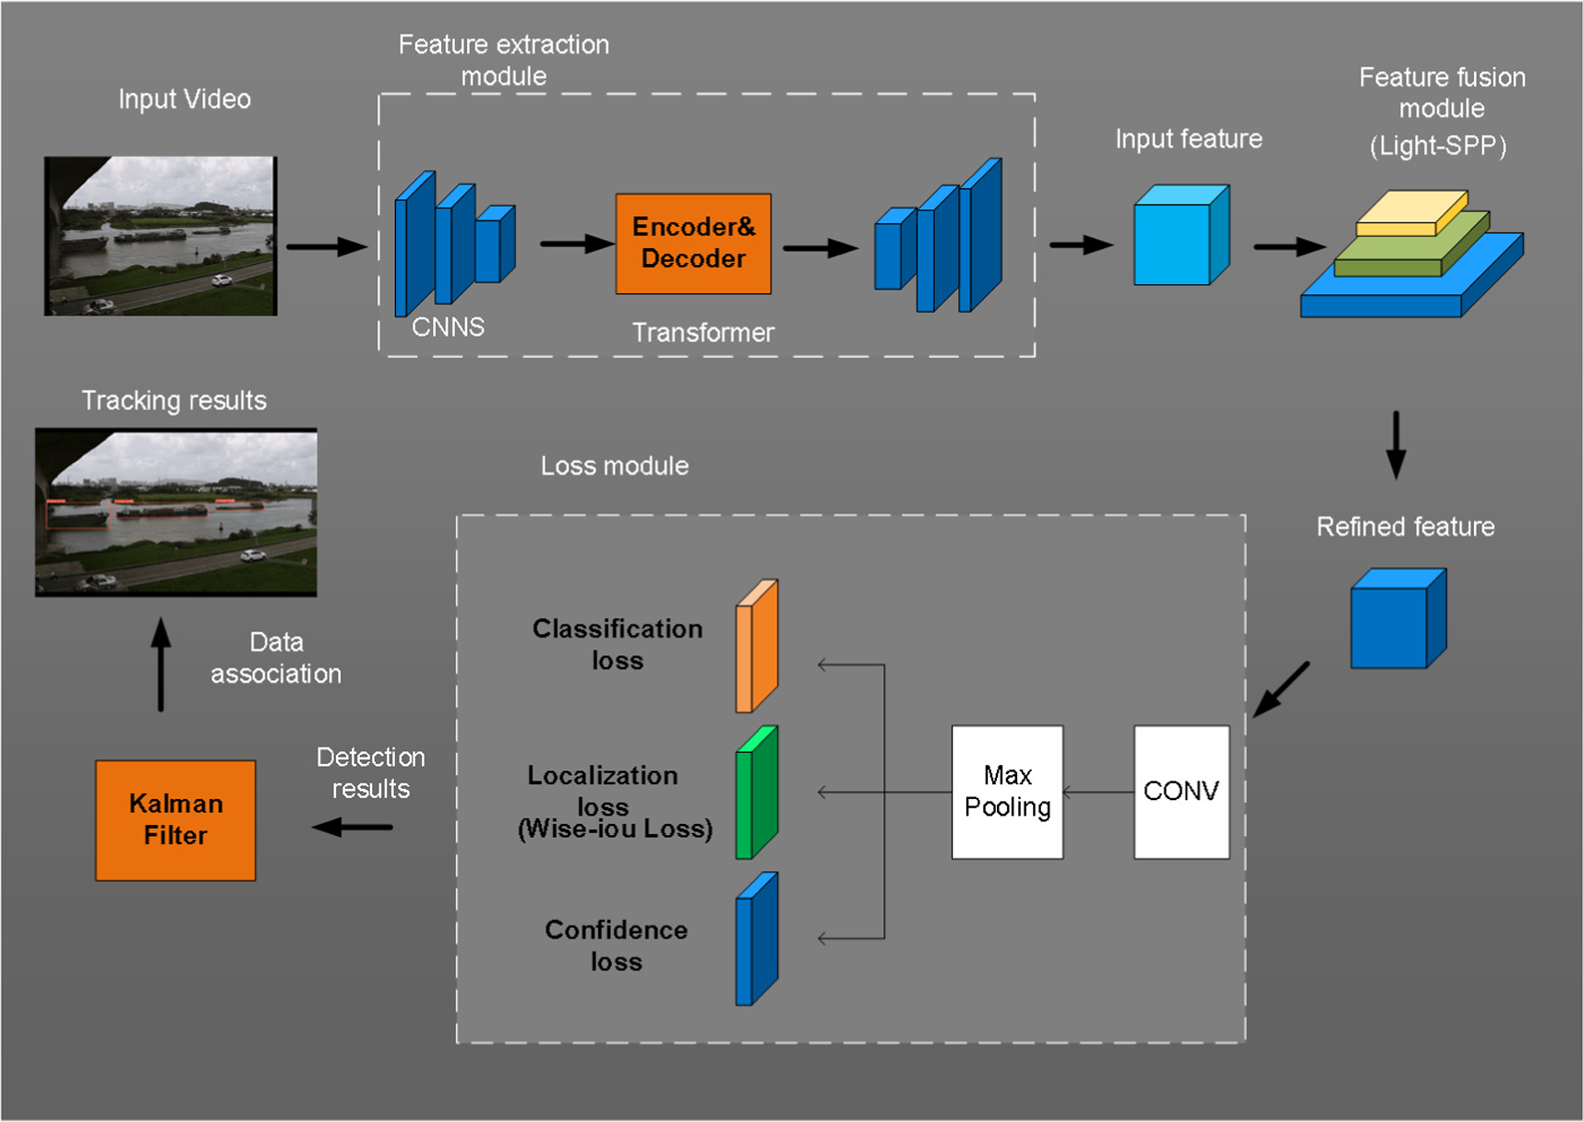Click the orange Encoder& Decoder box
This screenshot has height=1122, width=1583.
pyautogui.click(x=693, y=244)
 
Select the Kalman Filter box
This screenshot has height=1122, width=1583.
pyautogui.click(x=175, y=819)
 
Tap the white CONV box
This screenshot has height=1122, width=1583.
pyautogui.click(x=1181, y=792)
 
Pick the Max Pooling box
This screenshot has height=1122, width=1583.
pyautogui.click(x=1007, y=792)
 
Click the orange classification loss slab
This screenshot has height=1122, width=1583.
pyautogui.click(x=758, y=647)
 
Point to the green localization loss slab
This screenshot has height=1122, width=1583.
pyautogui.click(x=758, y=794)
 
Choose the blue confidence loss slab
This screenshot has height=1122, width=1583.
pyautogui.click(x=758, y=939)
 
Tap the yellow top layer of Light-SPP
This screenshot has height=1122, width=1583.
pyautogui.click(x=1410, y=212)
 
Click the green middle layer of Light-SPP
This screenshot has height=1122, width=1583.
pyautogui.click(x=1409, y=251)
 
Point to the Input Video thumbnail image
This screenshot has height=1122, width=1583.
pyautogui.click(x=161, y=236)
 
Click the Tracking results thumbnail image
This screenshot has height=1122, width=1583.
pyautogui.click(x=175, y=512)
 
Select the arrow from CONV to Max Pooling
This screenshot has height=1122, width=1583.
pyautogui.click(x=1098, y=792)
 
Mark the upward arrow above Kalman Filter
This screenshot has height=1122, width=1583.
pyautogui.click(x=161, y=664)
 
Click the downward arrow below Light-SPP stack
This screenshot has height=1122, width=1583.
pyautogui.click(x=1396, y=445)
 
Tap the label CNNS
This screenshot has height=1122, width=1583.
pyautogui.click(x=448, y=328)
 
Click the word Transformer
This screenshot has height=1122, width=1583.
pyautogui.click(x=702, y=333)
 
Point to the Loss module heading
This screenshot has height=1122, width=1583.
pyautogui.click(x=614, y=466)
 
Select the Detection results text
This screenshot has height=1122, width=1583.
pyautogui.click(x=370, y=773)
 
